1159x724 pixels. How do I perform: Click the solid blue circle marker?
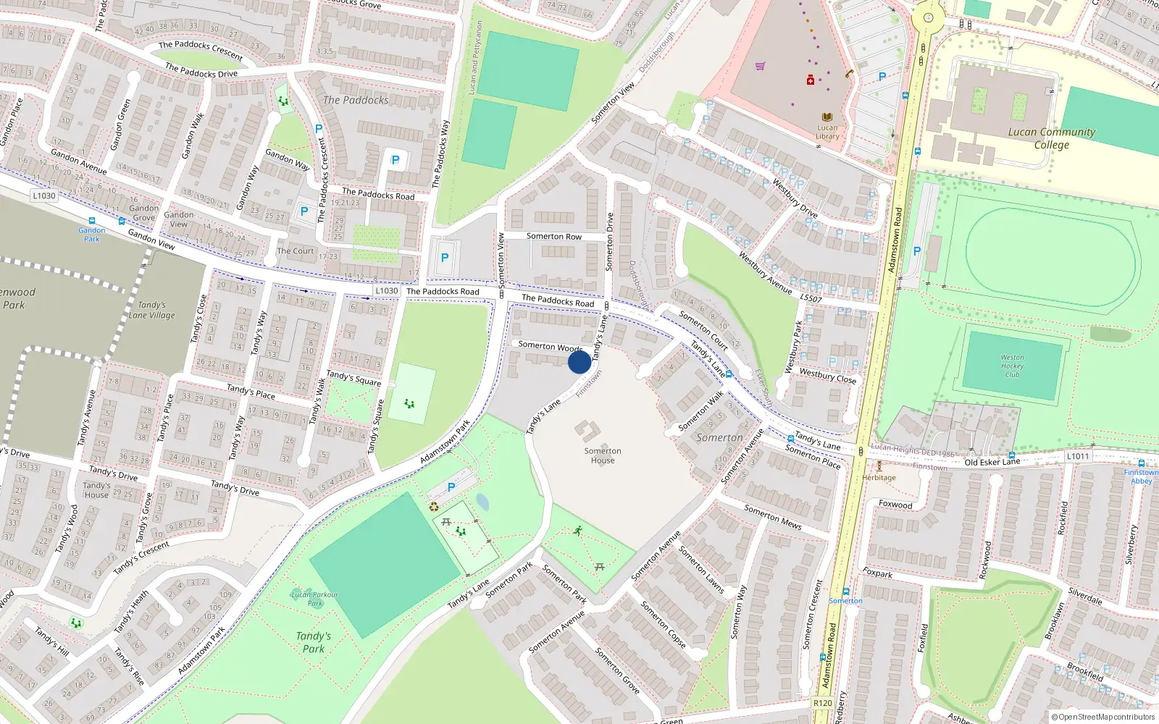coord(579,361)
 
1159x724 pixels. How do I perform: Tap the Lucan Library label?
coord(827,132)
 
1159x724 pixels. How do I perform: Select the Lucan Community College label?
coord(1051,138)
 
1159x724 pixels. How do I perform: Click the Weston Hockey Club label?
coord(1012,366)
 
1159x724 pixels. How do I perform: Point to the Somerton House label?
coord(603,455)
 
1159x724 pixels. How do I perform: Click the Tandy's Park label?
coord(313,642)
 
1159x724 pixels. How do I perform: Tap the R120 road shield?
coord(823,703)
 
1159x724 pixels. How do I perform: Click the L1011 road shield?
coord(1077,456)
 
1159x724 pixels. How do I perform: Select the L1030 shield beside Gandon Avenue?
coord(44,195)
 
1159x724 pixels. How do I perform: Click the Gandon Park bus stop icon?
coord(92,222)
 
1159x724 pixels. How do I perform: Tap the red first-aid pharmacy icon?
coord(810,80)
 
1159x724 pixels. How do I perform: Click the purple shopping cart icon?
coord(760,66)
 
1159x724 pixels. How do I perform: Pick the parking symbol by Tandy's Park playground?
coord(451,487)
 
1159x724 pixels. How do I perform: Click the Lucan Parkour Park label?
coord(314,599)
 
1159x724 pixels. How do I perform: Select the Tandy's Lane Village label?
coord(152,310)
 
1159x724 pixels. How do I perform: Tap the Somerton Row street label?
coord(553,237)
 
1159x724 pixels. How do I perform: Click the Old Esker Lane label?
coord(992,462)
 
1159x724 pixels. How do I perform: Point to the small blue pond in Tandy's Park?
coord(482,502)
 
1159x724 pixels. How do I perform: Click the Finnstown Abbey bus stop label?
coord(1141,476)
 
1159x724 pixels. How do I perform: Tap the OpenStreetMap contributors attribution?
coord(1102,717)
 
